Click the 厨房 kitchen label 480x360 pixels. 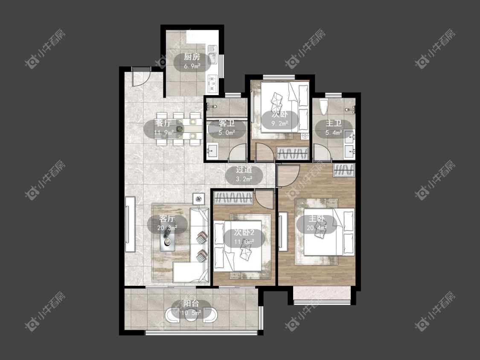[x=192, y=57]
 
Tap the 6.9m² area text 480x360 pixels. [x=192, y=66]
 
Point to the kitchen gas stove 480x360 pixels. [x=212, y=83]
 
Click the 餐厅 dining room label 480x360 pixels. [x=163, y=123]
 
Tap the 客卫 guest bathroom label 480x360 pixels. [x=227, y=123]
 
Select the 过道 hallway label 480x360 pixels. [x=244, y=170]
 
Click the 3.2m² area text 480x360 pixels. [x=244, y=179]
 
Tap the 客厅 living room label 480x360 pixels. [x=167, y=218]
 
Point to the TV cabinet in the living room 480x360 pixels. [x=130, y=224]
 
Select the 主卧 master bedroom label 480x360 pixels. [x=317, y=218]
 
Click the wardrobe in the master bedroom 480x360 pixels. [x=344, y=170]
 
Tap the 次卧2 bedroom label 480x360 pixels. [x=244, y=232]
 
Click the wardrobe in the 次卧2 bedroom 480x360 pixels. [x=233, y=198]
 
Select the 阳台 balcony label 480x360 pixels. [x=191, y=304]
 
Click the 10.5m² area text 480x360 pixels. [x=191, y=313]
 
